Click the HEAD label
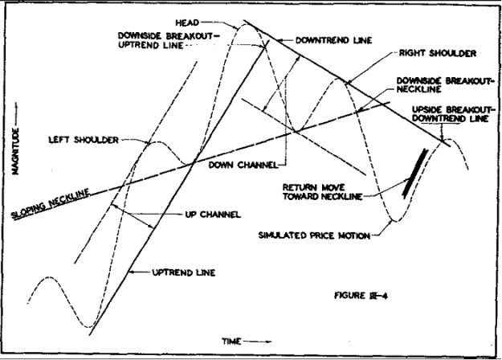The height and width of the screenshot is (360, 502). click(x=187, y=22)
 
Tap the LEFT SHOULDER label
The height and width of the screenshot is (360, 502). click(x=84, y=140)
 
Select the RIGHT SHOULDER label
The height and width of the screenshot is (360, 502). click(x=438, y=53)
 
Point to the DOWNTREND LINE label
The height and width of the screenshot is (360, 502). click(x=333, y=40)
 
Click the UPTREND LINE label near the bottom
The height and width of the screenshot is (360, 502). click(x=184, y=272)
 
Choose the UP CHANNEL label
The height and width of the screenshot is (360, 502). click(x=213, y=215)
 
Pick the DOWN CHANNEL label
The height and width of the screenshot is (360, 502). click(x=243, y=165)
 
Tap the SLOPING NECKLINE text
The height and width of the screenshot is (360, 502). click(x=51, y=204)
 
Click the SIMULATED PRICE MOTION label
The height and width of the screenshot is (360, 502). click(x=314, y=235)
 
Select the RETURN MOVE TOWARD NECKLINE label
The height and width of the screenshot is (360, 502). click(x=322, y=192)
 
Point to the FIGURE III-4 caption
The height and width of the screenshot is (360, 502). click(x=361, y=295)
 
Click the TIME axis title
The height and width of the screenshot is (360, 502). click(x=231, y=342)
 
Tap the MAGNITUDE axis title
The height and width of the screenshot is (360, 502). click(x=15, y=151)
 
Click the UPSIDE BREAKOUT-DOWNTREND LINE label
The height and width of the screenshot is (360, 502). click(x=451, y=114)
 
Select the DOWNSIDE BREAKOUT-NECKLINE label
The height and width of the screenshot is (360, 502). click(x=443, y=85)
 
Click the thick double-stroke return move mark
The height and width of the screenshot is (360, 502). click(x=415, y=174)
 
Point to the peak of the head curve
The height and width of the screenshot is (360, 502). click(x=247, y=24)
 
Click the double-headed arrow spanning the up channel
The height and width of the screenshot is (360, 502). click(x=132, y=216)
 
